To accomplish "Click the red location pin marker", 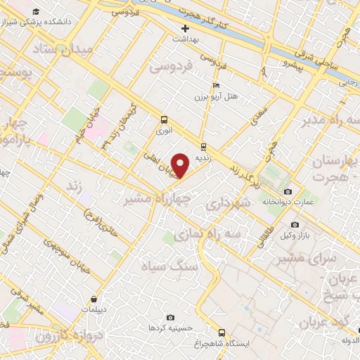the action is click(x=181, y=165).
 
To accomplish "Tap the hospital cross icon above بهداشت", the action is click(x=186, y=29).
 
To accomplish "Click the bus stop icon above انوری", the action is click(x=164, y=120).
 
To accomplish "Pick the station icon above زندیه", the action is click(x=203, y=147).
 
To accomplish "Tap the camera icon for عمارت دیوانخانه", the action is click(x=287, y=192).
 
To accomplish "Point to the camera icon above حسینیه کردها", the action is click(x=170, y=317).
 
